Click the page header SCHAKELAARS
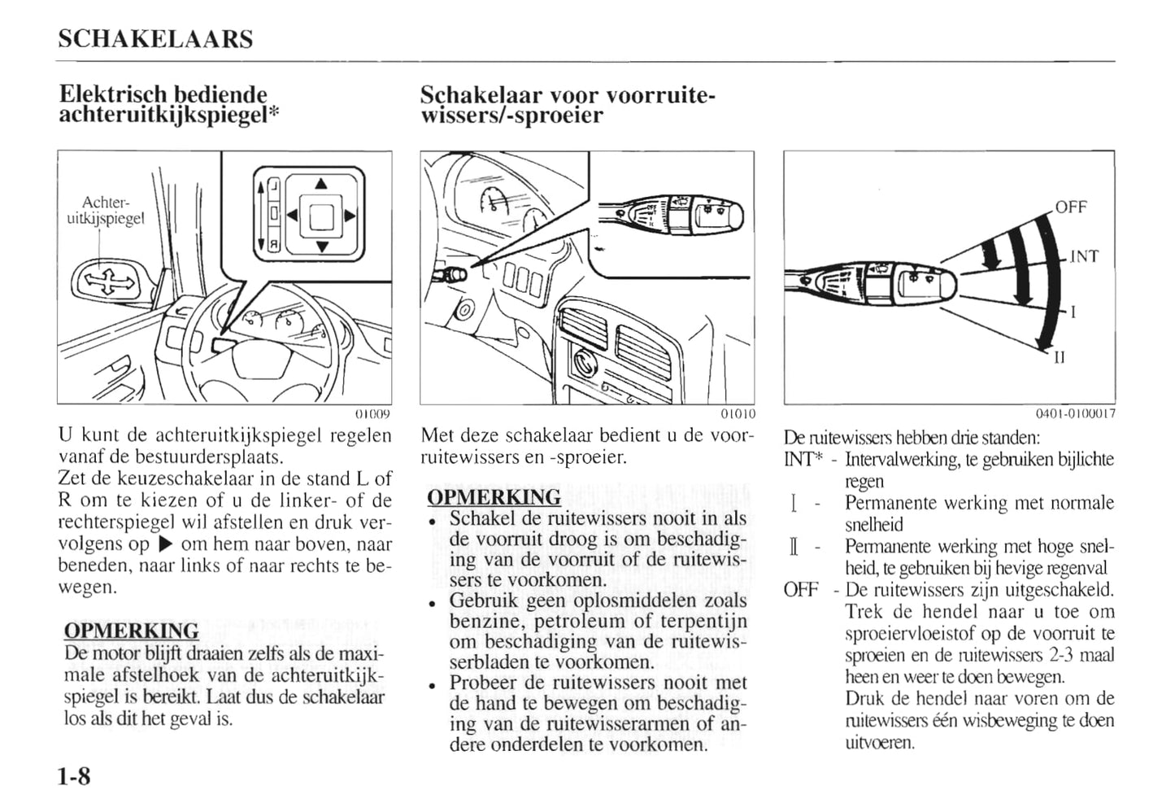pos(156,39)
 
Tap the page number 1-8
pos(75,777)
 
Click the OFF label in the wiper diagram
pos(1071,207)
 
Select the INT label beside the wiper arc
pos(1083,257)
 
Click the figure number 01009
pos(375,413)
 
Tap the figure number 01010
pos(738,413)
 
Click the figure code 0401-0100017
pos(1075,413)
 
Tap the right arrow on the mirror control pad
pos(350,216)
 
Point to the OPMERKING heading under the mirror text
pos(131,631)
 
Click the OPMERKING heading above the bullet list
pos(494,497)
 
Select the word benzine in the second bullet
pos(482,622)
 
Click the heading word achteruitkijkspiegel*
pos(169,116)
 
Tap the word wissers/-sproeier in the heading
pos(511,116)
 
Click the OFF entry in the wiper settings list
pos(800,590)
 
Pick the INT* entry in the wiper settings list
pos(803,460)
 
